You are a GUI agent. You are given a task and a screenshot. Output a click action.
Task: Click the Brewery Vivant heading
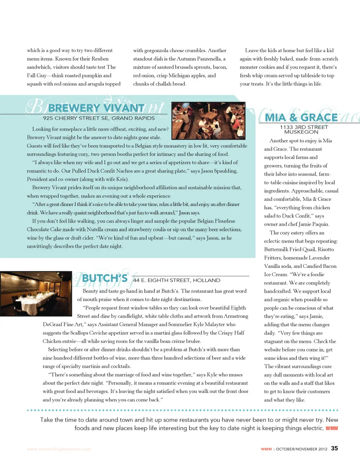[x=96, y=108]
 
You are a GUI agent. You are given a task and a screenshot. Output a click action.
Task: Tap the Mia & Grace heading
[x=301, y=118]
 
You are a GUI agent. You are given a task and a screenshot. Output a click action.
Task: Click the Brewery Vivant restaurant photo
[x=208, y=121]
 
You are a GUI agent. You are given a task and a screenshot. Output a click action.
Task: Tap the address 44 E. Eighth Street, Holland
[x=177, y=280]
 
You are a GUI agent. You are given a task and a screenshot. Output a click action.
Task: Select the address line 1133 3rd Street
[x=304, y=127]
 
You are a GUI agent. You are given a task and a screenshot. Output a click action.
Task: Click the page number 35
[x=334, y=448]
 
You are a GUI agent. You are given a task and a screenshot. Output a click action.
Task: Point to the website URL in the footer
[x=59, y=449]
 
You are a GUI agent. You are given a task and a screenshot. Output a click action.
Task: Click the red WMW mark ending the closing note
[x=332, y=428]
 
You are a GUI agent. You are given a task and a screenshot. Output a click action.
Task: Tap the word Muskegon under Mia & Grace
[x=304, y=132]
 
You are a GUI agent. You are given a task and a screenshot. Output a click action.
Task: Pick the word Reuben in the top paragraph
[x=87, y=59]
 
